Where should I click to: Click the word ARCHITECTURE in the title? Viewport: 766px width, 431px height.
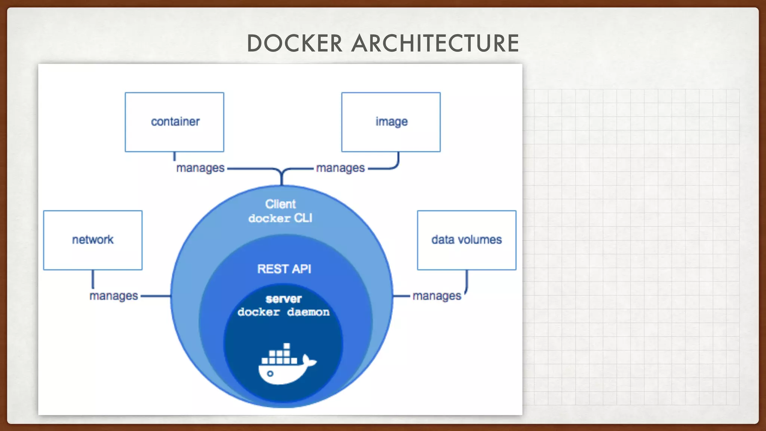pyautogui.click(x=435, y=43)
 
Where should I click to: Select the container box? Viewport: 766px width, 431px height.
pyautogui.click(x=174, y=122)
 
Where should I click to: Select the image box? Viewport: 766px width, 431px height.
pyautogui.click(x=391, y=122)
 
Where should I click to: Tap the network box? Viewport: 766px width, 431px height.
pyautogui.click(x=93, y=240)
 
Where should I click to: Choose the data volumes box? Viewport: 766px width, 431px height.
pyautogui.click(x=466, y=240)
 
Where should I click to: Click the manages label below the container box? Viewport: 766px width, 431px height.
pyautogui.click(x=200, y=168)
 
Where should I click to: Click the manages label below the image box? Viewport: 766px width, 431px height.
pyautogui.click(x=340, y=168)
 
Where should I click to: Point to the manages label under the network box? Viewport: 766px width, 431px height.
pyautogui.click(x=114, y=296)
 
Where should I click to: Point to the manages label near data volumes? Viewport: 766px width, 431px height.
pyautogui.click(x=436, y=296)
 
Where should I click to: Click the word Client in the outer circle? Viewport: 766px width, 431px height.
pyautogui.click(x=281, y=204)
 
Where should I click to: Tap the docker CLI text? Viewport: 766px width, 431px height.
pyautogui.click(x=281, y=218)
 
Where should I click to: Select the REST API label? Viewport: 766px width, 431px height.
pyautogui.click(x=284, y=269)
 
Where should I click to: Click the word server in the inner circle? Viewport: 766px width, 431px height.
pyautogui.click(x=284, y=299)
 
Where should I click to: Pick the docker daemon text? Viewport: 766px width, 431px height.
pyautogui.click(x=284, y=312)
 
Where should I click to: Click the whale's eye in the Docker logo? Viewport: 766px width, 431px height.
pyautogui.click(x=270, y=373)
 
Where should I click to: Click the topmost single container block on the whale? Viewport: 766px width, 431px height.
pyautogui.click(x=287, y=346)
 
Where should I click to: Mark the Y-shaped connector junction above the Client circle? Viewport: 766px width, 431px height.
pyautogui.click(x=282, y=173)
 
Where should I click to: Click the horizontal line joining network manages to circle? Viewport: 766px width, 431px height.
pyautogui.click(x=156, y=296)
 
